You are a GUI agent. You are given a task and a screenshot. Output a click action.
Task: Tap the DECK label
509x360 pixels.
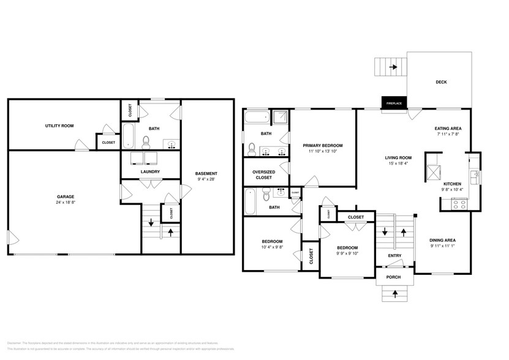click(x=441, y=82)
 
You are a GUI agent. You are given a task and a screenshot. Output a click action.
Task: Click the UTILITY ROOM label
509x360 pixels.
click(x=59, y=126)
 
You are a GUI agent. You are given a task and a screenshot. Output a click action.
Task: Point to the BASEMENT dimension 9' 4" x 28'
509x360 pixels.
click(x=206, y=179)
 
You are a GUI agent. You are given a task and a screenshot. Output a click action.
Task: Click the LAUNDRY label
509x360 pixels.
click(x=150, y=171)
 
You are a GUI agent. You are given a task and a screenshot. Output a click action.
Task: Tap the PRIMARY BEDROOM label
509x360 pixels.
click(x=323, y=145)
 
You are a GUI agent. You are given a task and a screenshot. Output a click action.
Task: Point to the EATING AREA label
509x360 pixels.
click(x=448, y=129)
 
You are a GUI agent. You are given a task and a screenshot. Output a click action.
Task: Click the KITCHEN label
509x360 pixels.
click(x=452, y=184)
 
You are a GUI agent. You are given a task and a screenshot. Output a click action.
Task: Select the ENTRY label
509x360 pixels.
click(x=394, y=256)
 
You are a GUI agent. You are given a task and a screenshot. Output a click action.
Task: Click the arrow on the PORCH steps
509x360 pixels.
click(x=394, y=294)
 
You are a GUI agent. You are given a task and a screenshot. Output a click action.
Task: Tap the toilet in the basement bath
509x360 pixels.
click(x=146, y=143)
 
